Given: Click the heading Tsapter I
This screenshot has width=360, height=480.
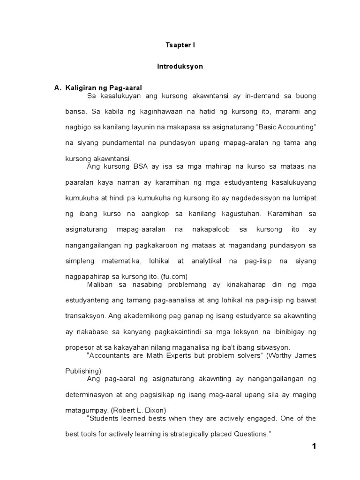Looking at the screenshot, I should [180, 45].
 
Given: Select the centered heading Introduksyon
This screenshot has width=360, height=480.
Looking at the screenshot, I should [180, 67].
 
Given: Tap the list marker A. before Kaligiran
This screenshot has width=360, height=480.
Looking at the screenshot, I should [59, 88].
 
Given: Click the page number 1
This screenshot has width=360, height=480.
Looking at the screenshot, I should [314, 446].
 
